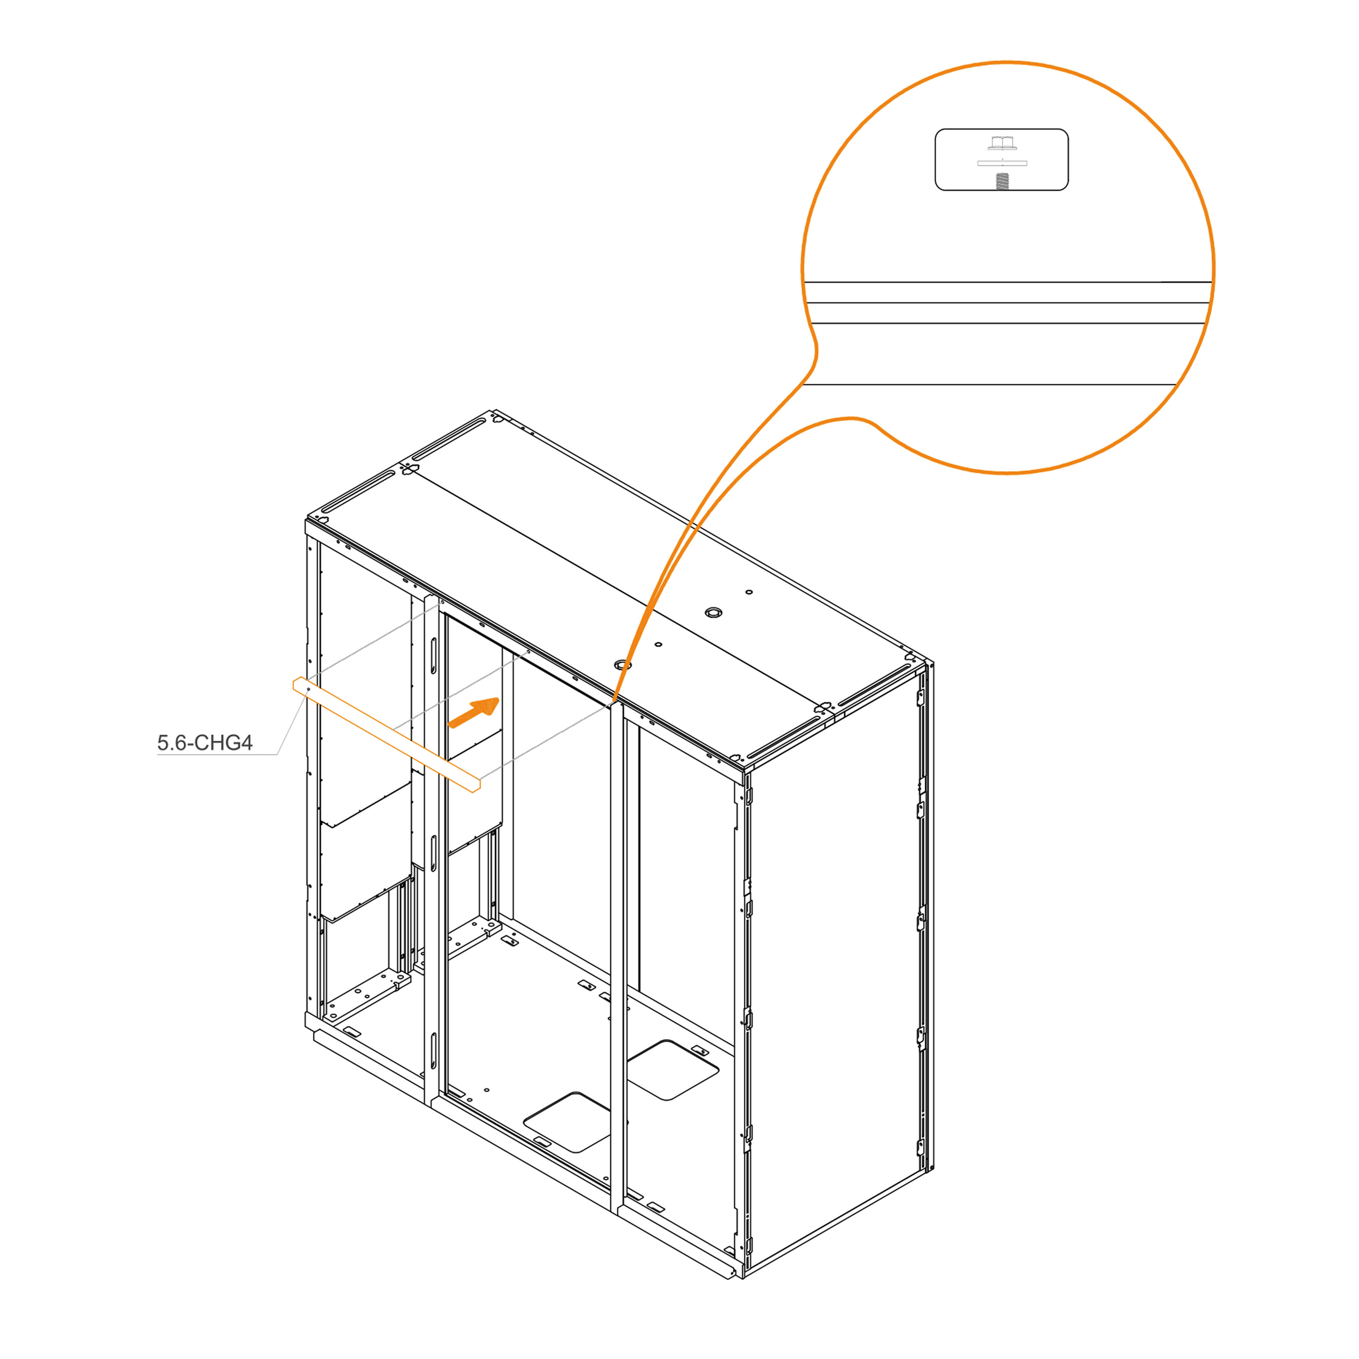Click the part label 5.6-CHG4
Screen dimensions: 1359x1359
[205, 743]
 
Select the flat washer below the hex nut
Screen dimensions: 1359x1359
[1002, 163]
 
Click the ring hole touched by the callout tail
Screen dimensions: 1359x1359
[623, 665]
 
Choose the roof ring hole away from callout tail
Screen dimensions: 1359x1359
[713, 612]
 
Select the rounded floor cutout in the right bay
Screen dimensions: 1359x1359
[672, 1070]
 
